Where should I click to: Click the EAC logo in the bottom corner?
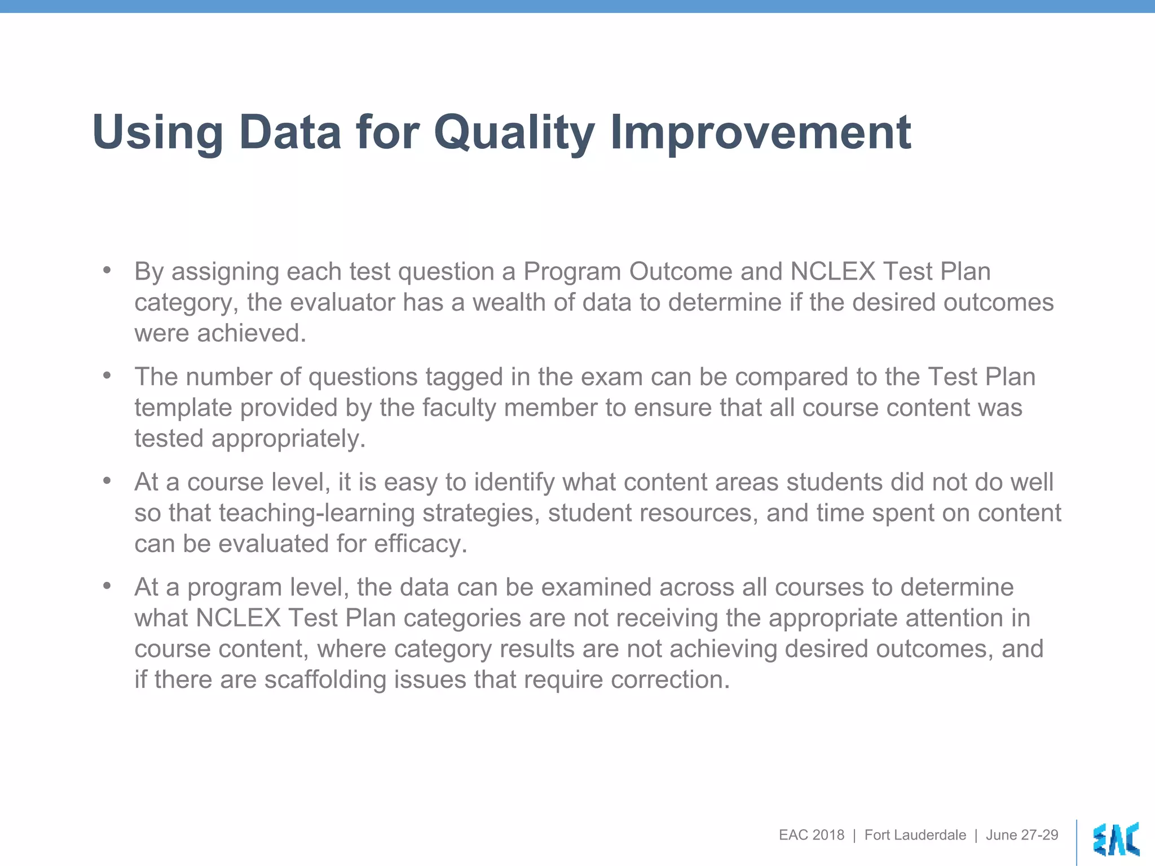pyautogui.click(x=1116, y=840)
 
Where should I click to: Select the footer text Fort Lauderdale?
pyautogui.click(x=915, y=835)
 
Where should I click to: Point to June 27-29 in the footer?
pyautogui.click(x=1021, y=835)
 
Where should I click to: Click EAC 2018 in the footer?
pyautogui.click(x=812, y=835)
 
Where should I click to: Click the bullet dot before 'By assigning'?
pyautogui.click(x=107, y=270)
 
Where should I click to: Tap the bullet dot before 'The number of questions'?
pyautogui.click(x=107, y=375)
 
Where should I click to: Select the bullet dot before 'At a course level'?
pyautogui.click(x=107, y=481)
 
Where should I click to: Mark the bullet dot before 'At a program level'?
pyautogui.click(x=107, y=586)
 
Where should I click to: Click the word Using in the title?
pyautogui.click(x=157, y=133)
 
